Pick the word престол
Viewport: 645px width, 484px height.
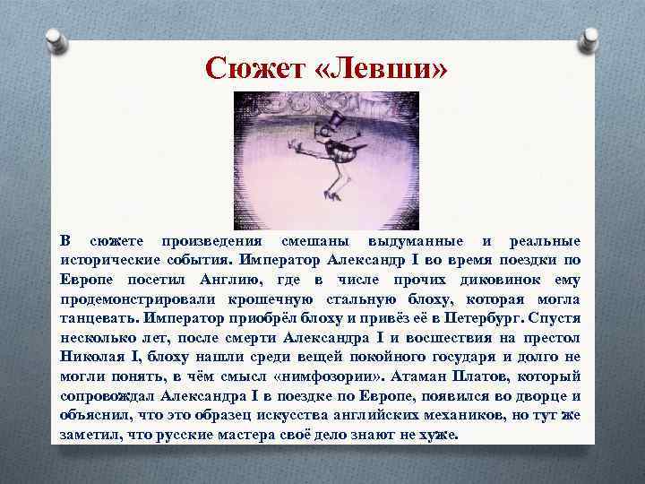pyautogui.click(x=550, y=338)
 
